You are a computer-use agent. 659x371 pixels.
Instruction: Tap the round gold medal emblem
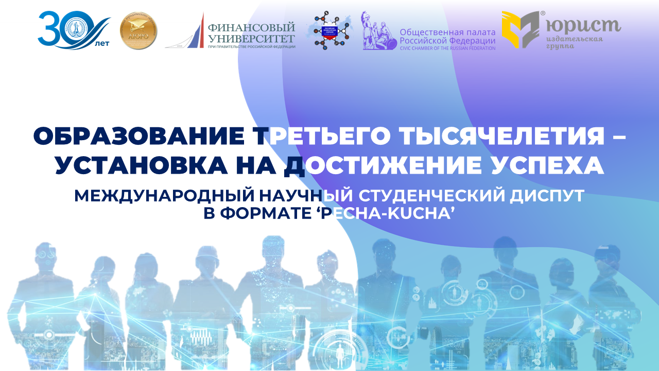pos(138,31)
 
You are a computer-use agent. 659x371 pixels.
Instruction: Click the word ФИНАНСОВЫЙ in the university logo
pos(251,27)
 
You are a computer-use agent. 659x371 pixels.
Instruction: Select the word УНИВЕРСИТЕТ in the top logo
pos(250,38)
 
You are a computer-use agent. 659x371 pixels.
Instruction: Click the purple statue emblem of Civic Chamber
pos(378,31)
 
